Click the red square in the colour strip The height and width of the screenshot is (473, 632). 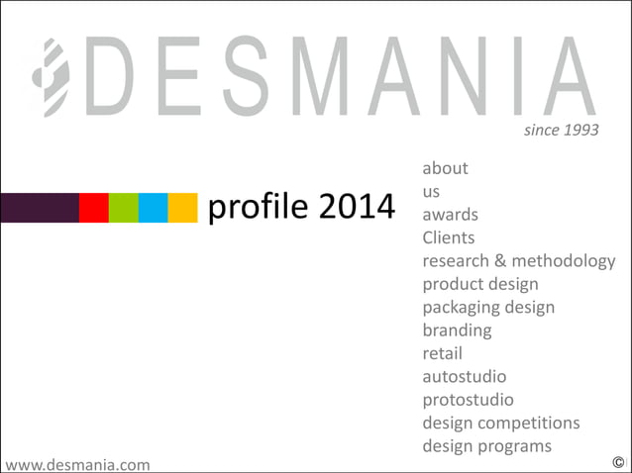point(93,208)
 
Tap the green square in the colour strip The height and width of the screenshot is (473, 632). point(123,208)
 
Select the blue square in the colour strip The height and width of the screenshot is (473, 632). point(153,208)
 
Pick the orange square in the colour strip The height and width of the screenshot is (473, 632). point(182,208)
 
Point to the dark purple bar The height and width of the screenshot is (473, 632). point(40,208)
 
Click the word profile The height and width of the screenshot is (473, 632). point(258,208)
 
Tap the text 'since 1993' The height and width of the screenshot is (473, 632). point(561,130)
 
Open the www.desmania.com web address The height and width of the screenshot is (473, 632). point(77,463)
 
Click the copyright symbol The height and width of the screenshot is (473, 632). point(618,462)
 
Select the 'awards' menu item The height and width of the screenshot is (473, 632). point(450,215)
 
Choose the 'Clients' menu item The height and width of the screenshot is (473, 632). point(448,237)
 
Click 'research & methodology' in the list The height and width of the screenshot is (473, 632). point(518,261)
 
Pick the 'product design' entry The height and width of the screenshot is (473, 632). point(479,284)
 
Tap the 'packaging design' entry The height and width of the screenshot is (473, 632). point(488,307)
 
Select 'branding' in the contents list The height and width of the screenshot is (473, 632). point(457,330)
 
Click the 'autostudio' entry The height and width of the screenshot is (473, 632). point(464,376)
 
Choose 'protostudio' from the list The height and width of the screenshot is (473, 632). point(468,400)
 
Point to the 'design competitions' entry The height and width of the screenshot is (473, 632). point(500,423)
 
